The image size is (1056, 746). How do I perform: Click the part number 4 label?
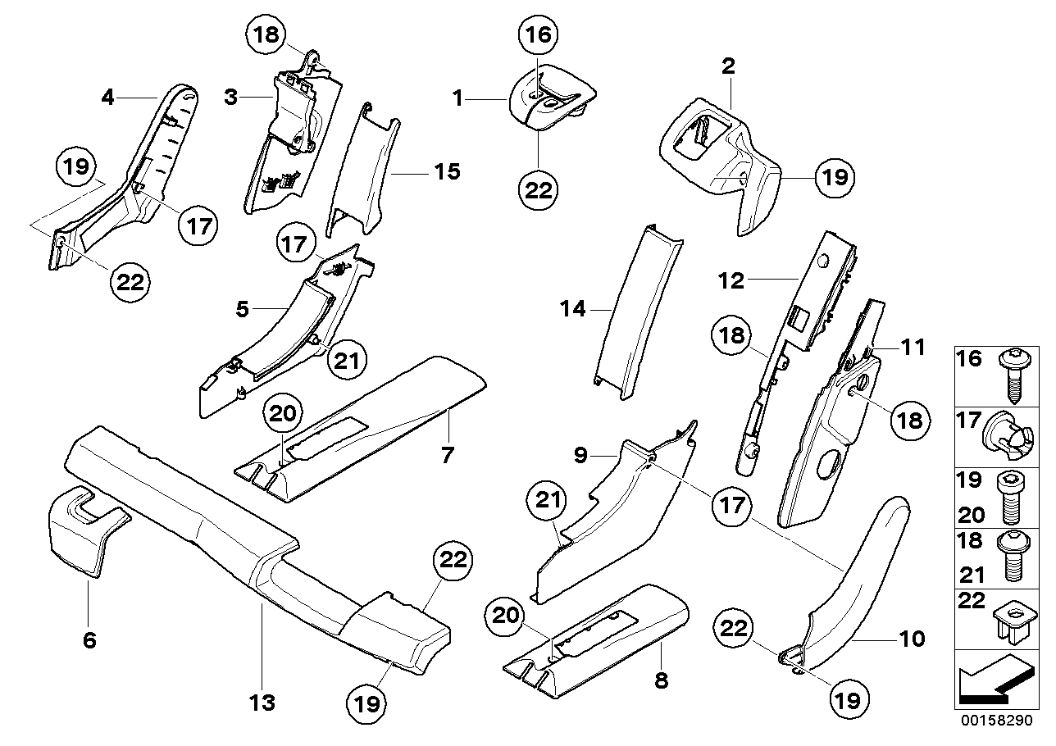tap(107, 98)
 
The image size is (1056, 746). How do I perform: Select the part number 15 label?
tap(447, 172)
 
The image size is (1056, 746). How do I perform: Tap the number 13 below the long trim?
tap(263, 702)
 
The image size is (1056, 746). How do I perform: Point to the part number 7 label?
tap(447, 454)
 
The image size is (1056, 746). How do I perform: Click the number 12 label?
tap(731, 280)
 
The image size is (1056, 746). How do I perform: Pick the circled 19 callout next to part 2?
tap(834, 176)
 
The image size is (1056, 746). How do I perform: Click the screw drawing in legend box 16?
tap(1011, 373)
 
